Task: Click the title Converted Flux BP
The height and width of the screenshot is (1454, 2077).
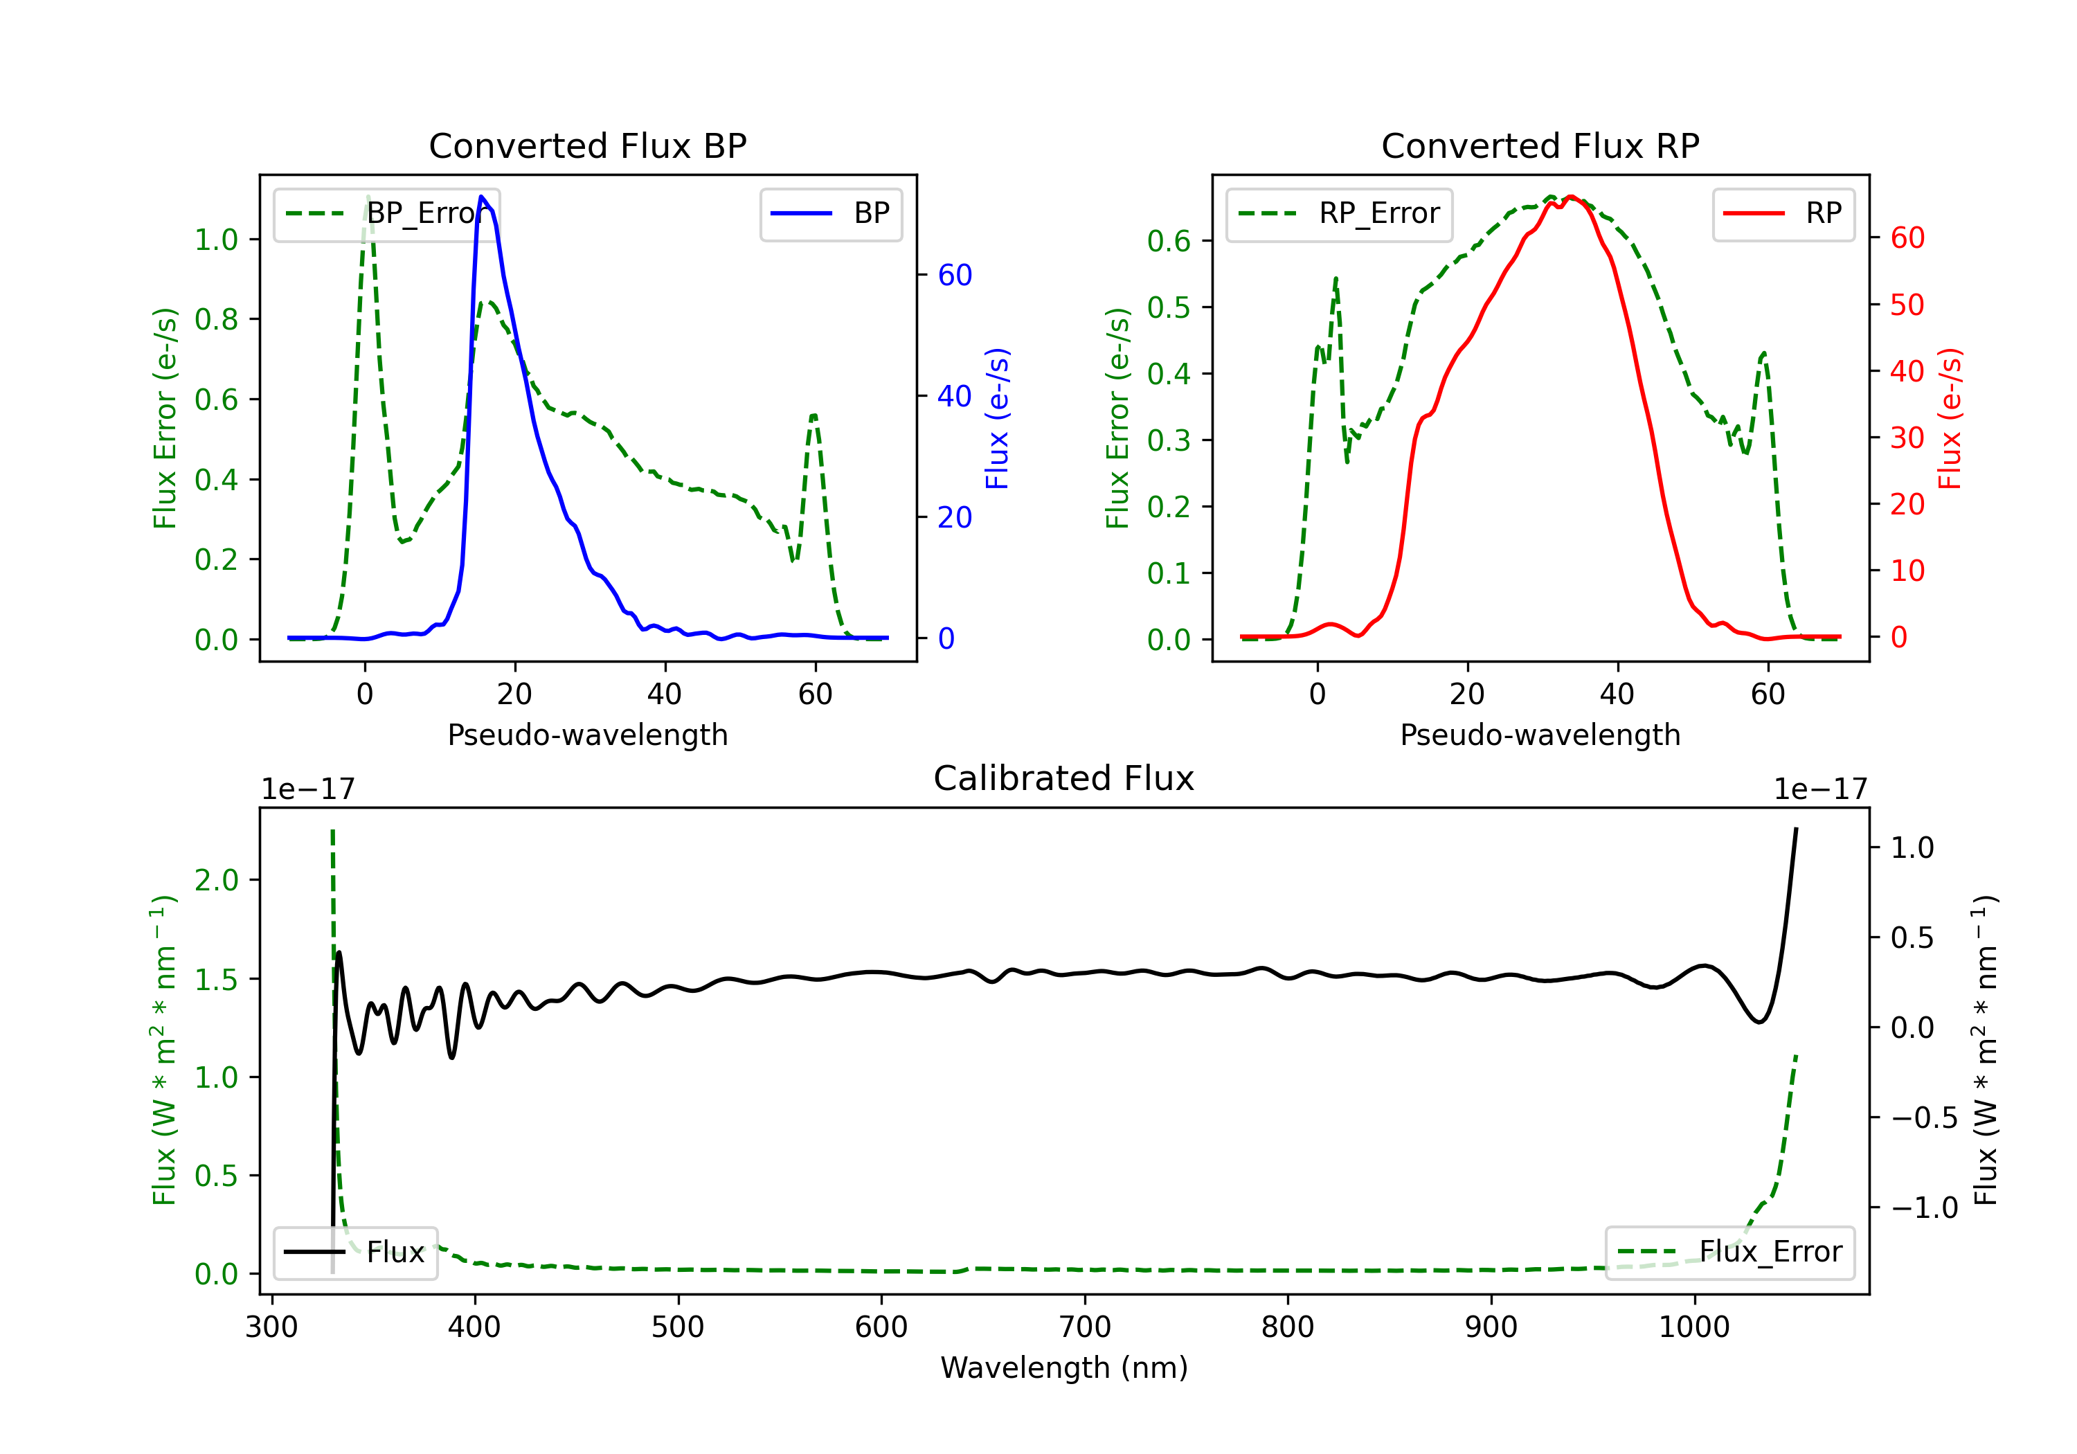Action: (587, 145)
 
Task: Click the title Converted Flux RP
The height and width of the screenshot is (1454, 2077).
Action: (1540, 145)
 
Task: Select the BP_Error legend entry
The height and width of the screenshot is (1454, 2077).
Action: (387, 213)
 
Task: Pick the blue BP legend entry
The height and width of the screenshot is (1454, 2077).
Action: (830, 213)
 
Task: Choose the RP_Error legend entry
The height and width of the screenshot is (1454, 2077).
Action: (1339, 213)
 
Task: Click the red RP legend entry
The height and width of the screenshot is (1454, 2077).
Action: (1783, 213)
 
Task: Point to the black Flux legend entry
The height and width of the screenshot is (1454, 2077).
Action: (356, 1253)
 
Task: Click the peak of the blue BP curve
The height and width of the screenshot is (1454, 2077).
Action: (481, 197)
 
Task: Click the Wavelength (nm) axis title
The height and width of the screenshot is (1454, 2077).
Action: (1064, 1367)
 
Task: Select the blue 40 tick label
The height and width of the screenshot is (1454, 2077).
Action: (954, 396)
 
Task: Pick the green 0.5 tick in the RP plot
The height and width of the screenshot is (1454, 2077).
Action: (1169, 307)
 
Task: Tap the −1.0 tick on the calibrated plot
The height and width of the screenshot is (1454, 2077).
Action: (1923, 1208)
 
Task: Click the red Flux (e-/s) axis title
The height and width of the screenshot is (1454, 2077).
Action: (1950, 418)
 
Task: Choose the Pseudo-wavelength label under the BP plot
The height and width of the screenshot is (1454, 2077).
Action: (587, 735)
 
